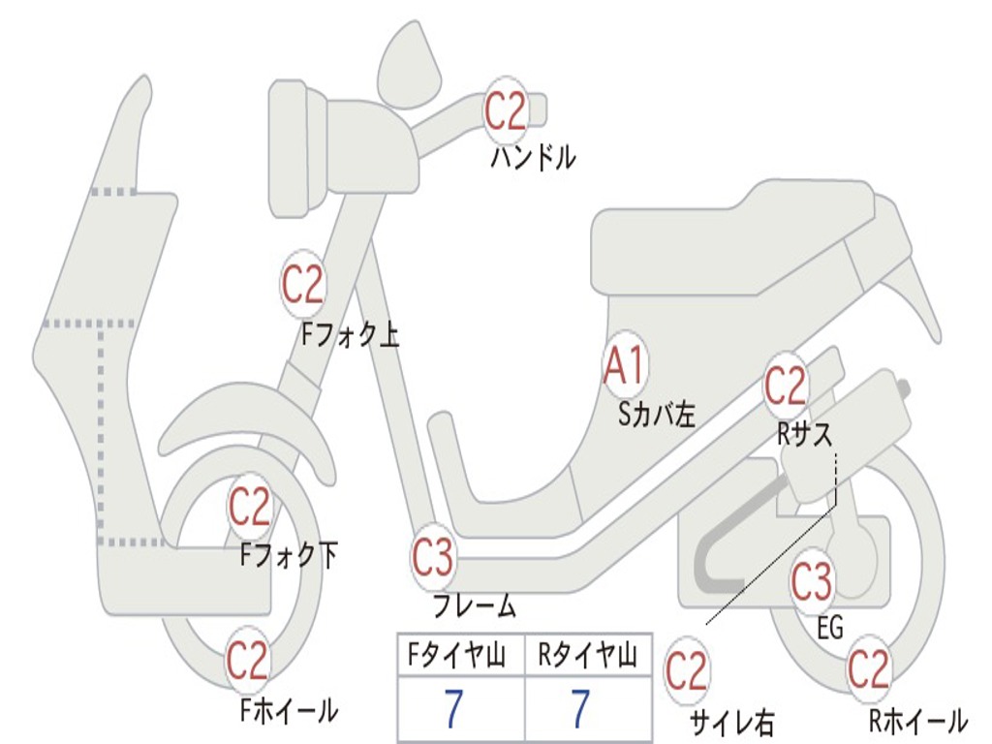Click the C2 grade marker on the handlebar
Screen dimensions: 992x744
[x=505, y=111]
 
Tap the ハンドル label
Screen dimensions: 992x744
[x=533, y=156]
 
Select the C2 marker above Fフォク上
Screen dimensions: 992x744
[x=302, y=284]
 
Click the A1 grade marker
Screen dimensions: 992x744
[x=625, y=367]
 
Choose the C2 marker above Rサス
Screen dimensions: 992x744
[x=786, y=387]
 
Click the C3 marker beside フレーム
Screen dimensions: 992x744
[x=432, y=558]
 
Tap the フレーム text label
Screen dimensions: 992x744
[x=475, y=606]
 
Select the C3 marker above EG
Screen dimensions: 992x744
[x=812, y=581]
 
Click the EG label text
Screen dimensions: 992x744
[x=830, y=628]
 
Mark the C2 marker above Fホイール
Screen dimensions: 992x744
[x=247, y=661]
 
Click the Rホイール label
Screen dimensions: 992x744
[x=917, y=720]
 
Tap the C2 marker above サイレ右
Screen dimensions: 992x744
[x=687, y=671]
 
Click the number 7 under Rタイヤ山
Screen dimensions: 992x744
[x=580, y=710]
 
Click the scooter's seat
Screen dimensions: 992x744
[x=736, y=237]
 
